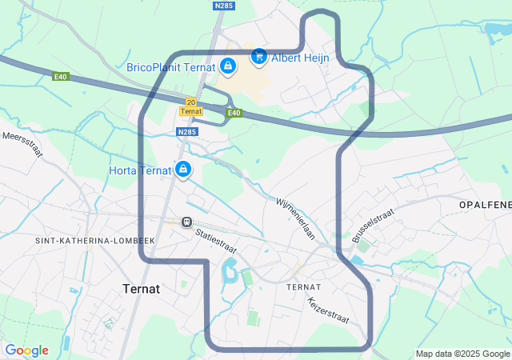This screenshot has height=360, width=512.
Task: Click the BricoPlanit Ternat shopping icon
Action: tap(228, 66)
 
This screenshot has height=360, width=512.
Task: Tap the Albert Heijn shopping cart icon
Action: tap(258, 56)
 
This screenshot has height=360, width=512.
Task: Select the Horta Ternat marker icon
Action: tap(183, 170)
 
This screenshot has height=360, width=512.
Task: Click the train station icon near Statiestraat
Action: tap(186, 222)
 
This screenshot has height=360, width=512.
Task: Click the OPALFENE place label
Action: tap(485, 206)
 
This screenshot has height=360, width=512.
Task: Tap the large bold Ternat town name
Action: tap(142, 288)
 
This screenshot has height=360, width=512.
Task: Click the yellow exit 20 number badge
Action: tap(190, 102)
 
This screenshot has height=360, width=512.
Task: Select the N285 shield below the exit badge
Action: tap(187, 132)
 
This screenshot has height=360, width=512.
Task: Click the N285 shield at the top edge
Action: tap(224, 6)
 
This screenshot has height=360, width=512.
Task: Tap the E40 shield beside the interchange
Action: tap(234, 113)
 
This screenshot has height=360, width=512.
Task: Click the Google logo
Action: tap(26, 350)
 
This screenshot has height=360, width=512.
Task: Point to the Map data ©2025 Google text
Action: tap(462, 354)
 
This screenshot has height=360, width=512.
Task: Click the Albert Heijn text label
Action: tap(300, 58)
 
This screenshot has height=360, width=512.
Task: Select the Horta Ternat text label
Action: tap(140, 170)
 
